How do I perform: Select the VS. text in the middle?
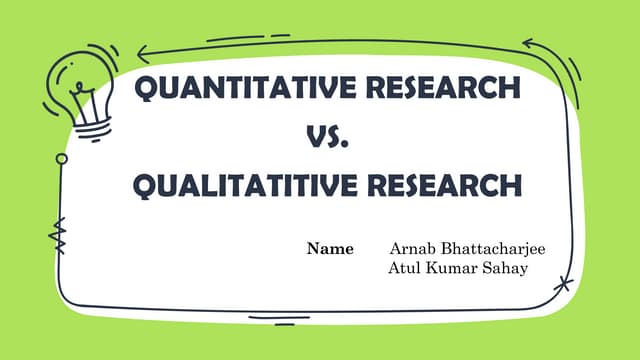pyautogui.click(x=326, y=138)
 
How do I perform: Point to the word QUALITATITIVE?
pyautogui.click(x=236, y=186)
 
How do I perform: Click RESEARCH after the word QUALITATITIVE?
pyautogui.click(x=441, y=186)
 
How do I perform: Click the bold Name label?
pyautogui.click(x=329, y=248)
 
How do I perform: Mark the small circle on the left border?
pyautogui.click(x=62, y=158)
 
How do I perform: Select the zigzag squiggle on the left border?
pyautogui.click(x=57, y=236)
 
